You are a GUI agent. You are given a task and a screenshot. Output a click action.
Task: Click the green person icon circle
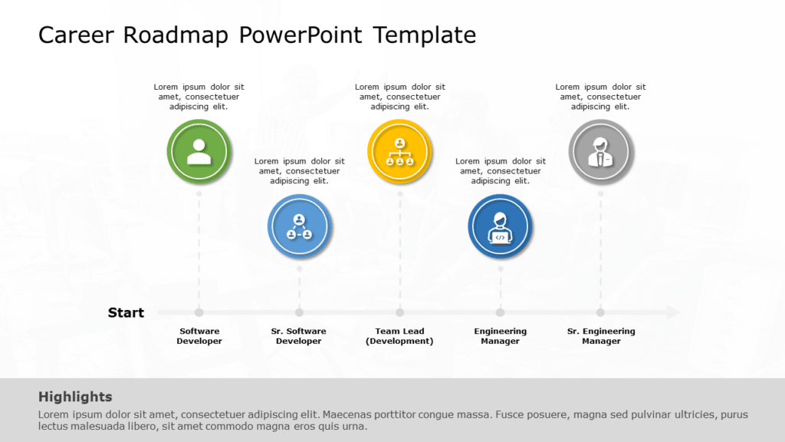pos(199,151)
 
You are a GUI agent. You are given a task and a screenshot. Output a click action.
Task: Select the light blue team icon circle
pos(299,226)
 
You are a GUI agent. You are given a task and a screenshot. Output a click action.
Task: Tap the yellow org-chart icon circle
pos(399,151)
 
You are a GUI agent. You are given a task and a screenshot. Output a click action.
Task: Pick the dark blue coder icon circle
pos(500,226)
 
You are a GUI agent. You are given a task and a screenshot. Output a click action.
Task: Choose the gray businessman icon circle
pos(600,151)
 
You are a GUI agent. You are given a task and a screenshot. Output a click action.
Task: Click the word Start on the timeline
pos(126,312)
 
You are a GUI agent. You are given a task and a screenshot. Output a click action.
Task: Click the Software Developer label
pos(199,336)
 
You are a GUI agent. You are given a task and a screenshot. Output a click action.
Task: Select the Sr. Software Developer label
pos(299,336)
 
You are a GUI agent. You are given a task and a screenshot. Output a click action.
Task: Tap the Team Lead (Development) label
pos(399,336)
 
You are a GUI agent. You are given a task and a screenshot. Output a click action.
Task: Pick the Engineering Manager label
pos(500,336)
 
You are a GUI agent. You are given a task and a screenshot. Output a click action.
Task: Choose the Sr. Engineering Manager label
pos(601,336)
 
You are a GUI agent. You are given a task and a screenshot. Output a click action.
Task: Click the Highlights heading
pos(75,397)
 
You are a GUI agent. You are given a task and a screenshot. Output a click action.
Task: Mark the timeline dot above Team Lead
pos(399,312)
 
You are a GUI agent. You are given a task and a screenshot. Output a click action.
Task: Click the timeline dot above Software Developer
pos(199,312)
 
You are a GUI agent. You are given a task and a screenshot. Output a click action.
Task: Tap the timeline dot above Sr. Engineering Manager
pos(600,312)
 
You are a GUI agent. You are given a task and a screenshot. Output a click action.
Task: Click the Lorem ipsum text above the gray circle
pos(600,97)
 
